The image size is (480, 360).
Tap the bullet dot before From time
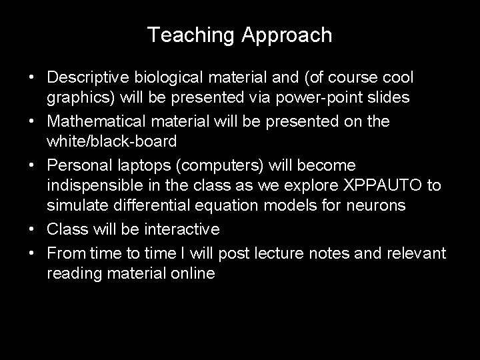[31, 251]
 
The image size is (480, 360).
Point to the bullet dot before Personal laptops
[31, 165]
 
